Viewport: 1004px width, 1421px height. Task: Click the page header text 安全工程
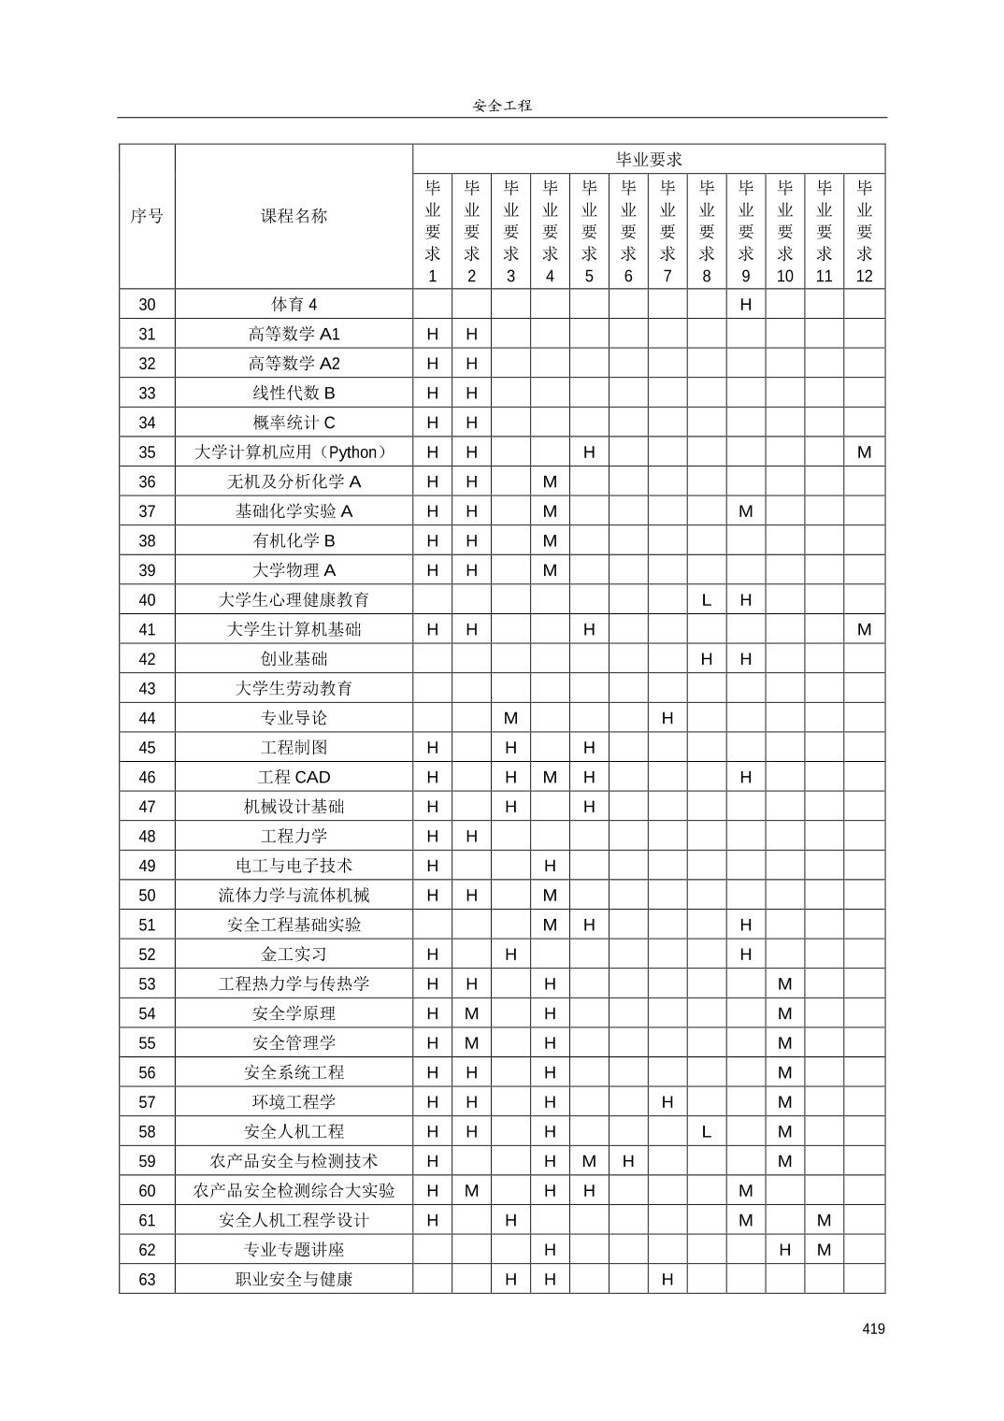[x=502, y=106]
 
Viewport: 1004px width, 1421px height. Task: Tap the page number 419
[x=873, y=1328]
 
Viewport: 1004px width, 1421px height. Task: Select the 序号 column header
[x=147, y=216]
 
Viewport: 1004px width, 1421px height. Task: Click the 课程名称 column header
[x=294, y=216]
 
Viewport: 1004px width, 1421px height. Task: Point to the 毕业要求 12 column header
[x=864, y=230]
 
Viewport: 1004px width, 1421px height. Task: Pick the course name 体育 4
[x=294, y=304]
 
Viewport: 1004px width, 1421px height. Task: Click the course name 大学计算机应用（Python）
[x=294, y=452]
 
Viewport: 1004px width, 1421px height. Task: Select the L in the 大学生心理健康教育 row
[x=706, y=600]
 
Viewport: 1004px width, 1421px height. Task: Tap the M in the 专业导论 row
[x=510, y=718]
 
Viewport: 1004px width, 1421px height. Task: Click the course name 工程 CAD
[x=294, y=777]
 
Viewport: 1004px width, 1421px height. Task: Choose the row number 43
[x=147, y=688]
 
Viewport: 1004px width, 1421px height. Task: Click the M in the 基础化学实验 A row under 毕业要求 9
[x=745, y=511]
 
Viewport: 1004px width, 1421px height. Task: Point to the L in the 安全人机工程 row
[x=706, y=1131]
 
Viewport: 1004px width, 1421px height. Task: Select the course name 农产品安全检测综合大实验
[x=294, y=1190]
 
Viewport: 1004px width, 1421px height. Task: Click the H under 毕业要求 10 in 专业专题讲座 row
[x=784, y=1250]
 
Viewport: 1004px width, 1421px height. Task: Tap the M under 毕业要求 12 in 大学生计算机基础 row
[x=864, y=629]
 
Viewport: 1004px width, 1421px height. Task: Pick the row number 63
[x=147, y=1279]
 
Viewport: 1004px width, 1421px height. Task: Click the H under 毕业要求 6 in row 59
[x=627, y=1161]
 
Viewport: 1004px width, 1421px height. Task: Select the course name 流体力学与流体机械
[x=294, y=895]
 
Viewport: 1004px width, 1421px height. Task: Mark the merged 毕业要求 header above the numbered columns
[x=649, y=159]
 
